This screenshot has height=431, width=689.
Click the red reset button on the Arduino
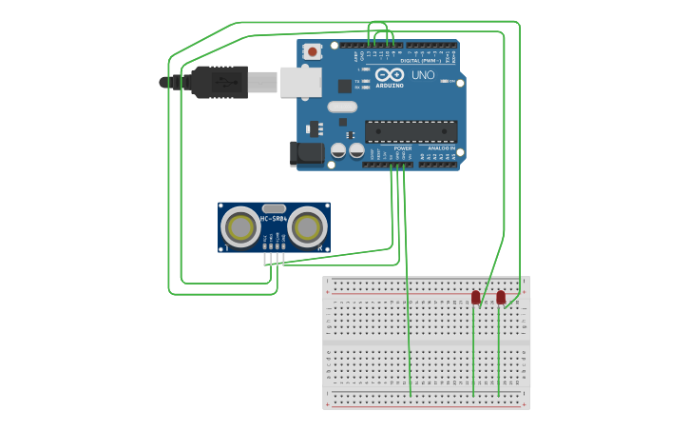coord(312,51)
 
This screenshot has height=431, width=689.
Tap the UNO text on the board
coord(423,75)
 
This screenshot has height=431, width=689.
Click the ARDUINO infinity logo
coord(390,76)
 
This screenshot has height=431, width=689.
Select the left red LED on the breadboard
coord(475,298)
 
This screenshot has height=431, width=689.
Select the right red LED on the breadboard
coord(501,298)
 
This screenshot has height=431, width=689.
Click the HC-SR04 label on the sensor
coord(274,219)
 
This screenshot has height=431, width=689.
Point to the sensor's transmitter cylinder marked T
coord(240,227)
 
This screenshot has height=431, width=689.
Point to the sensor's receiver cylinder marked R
coord(308,227)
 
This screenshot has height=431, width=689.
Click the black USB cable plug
coord(219,82)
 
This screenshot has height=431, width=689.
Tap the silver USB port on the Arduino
coord(300,82)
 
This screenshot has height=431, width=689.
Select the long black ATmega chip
coord(411,132)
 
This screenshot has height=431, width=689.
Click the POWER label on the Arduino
coord(403,148)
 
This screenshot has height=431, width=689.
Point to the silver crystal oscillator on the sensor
coord(274,208)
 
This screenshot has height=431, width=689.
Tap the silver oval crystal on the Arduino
coord(342,107)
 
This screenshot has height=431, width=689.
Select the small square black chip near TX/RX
coord(344,86)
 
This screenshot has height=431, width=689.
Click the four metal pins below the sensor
coord(274,258)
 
